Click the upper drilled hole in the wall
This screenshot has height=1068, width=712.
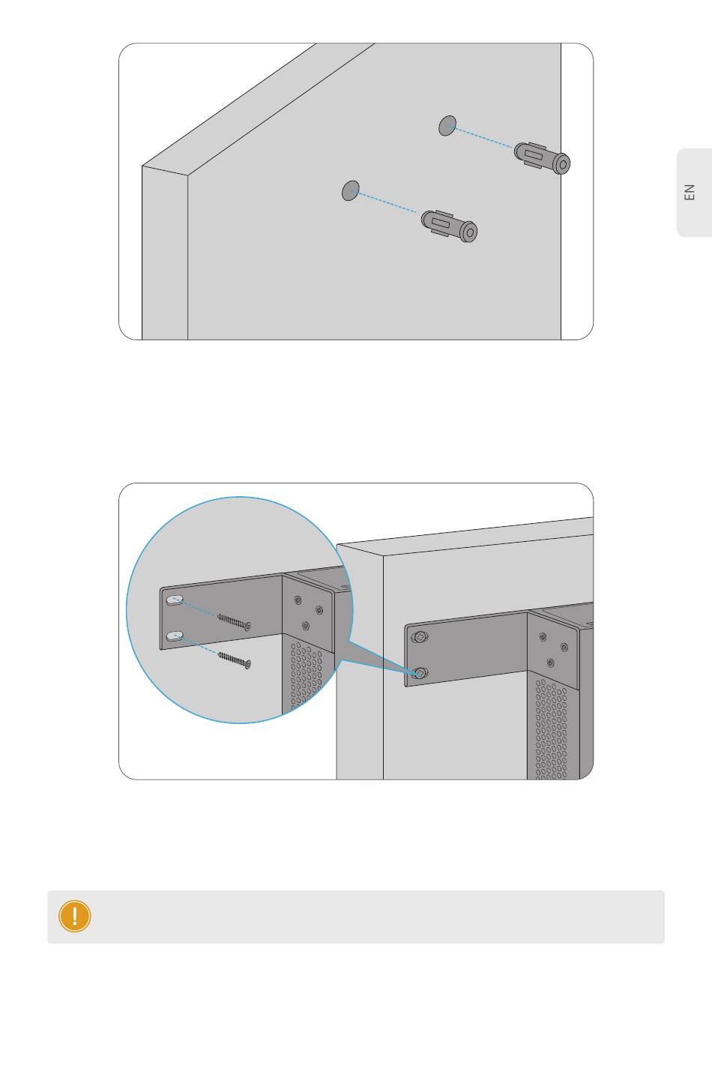(447, 125)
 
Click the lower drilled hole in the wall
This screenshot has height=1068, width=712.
(351, 190)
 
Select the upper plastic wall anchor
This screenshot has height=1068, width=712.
(542, 158)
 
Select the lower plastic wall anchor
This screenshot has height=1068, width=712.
(449, 226)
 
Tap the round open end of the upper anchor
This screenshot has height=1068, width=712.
(563, 164)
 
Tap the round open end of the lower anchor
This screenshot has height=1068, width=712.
(470, 232)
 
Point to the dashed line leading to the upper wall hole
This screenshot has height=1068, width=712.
(482, 137)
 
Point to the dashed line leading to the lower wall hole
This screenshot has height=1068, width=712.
(385, 202)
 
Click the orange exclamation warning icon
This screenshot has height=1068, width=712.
(75, 916)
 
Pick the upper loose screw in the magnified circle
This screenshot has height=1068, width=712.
(234, 622)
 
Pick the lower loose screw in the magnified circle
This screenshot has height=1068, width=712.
(234, 660)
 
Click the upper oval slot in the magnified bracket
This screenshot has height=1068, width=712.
(175, 600)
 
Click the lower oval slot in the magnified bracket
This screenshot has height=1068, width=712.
(175, 636)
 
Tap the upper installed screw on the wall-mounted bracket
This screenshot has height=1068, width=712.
(420, 636)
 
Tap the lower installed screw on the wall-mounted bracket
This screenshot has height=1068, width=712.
(420, 673)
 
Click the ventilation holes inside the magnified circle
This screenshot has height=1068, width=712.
(305, 675)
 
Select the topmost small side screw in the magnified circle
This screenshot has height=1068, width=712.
(298, 600)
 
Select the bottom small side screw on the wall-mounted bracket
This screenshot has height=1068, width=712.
(550, 663)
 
